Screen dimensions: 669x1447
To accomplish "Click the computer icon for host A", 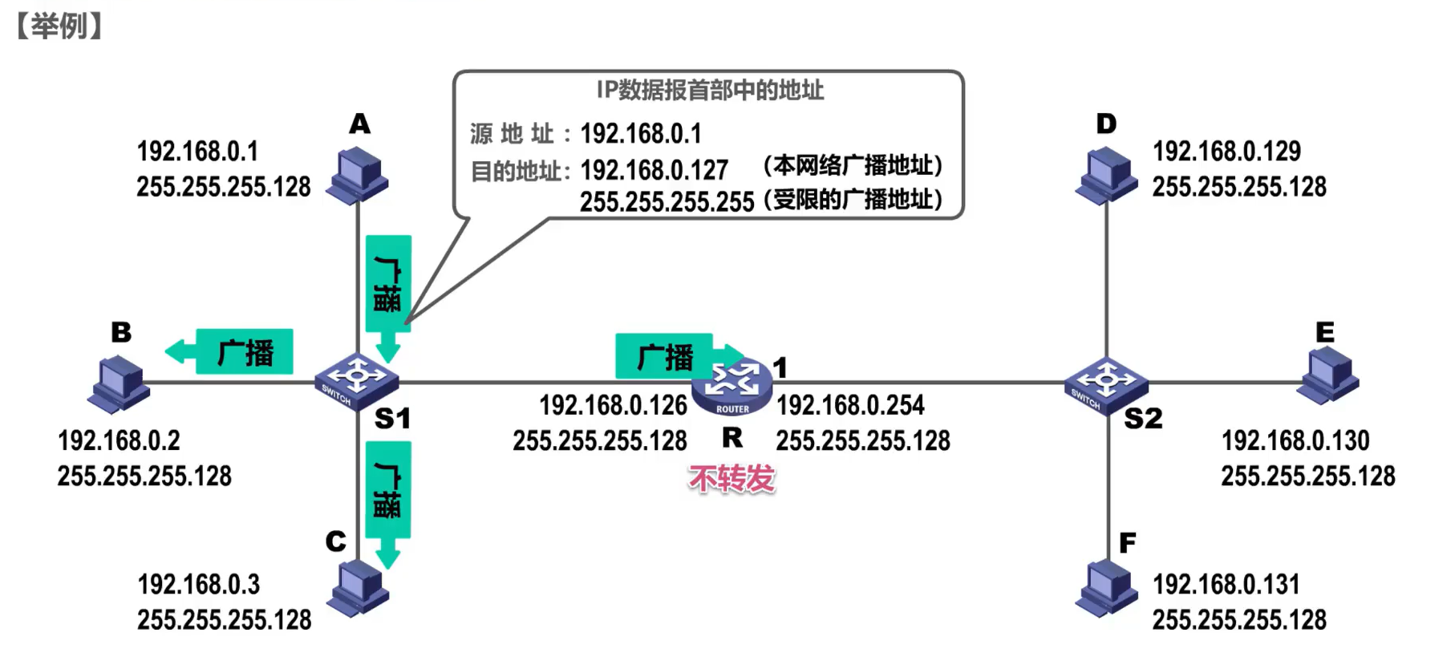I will (x=358, y=175).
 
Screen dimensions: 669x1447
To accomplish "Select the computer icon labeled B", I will (x=119, y=384).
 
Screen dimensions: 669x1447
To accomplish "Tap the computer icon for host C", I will (x=358, y=588).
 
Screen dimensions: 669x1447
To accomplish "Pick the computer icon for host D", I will (x=1107, y=175).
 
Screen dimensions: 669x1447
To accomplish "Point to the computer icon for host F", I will (x=1107, y=588).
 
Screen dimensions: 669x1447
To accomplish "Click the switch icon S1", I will (x=356, y=381).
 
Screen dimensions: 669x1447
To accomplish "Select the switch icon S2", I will (x=1105, y=383).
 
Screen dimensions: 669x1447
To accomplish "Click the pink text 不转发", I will (x=732, y=479).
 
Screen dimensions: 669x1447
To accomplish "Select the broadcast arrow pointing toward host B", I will (x=231, y=351).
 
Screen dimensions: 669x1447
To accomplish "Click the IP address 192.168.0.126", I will (x=613, y=405).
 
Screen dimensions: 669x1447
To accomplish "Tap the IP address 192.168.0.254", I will (x=850, y=405).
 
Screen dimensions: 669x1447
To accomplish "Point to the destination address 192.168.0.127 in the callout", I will (x=654, y=170).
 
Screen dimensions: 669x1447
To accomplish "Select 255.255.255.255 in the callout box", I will (x=667, y=201).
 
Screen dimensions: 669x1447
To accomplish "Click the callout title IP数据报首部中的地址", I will (x=710, y=90).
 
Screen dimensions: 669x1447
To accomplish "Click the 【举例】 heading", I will (x=59, y=26).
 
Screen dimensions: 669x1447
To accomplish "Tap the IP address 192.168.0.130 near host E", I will (x=1295, y=440).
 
